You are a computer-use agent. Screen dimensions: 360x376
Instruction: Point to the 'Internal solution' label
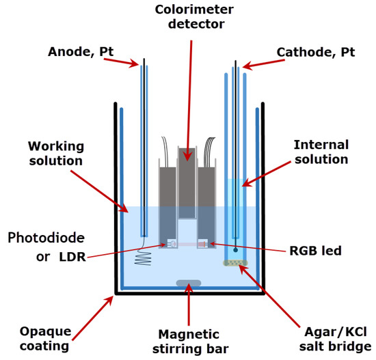coord(321,152)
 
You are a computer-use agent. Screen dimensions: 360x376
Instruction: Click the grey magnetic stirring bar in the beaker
coord(188,283)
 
